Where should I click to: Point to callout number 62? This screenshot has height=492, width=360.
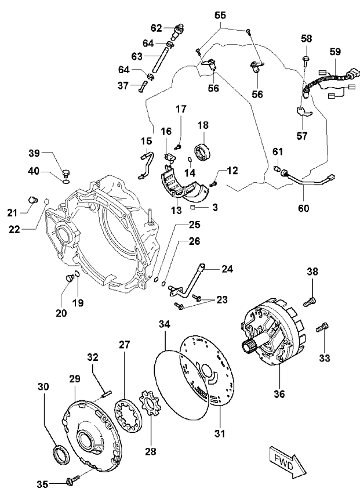tap(157, 27)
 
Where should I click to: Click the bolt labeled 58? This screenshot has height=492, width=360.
tap(306, 59)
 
